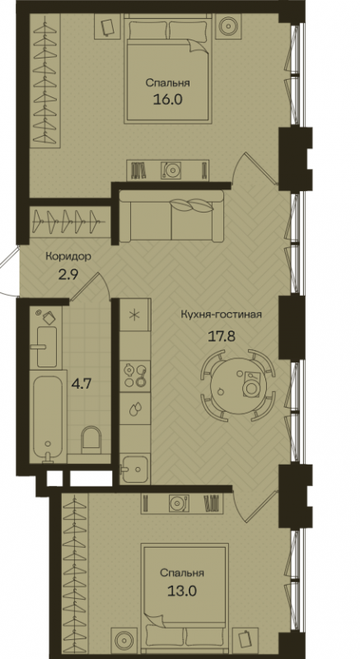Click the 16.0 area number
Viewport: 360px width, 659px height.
pyautogui.click(x=167, y=100)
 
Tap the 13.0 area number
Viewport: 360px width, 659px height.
pyautogui.click(x=181, y=591)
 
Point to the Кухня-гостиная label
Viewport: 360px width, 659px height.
pyautogui.click(x=222, y=315)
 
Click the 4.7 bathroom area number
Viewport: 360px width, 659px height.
pyautogui.click(x=82, y=384)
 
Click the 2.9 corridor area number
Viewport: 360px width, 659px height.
pyautogui.click(x=68, y=277)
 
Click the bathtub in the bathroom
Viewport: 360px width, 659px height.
pyautogui.click(x=48, y=417)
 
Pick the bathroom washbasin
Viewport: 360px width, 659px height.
pyautogui.click(x=46, y=346)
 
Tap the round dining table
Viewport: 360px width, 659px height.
pyautogui.click(x=239, y=384)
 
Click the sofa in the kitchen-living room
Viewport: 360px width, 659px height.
pyautogui.click(x=171, y=216)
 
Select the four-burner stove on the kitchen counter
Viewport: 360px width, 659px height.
pyautogui.click(x=135, y=375)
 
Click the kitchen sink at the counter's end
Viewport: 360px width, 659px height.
pyautogui.click(x=135, y=468)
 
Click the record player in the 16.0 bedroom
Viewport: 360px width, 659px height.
pyautogui.click(x=171, y=171)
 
